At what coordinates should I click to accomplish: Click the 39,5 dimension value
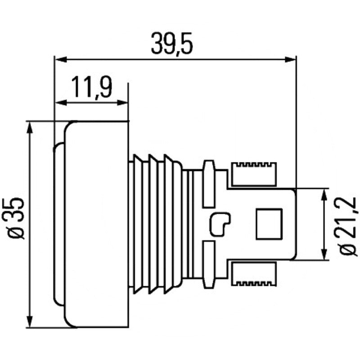pyautogui.click(x=172, y=44)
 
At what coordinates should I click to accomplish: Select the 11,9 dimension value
pyautogui.click(x=92, y=87)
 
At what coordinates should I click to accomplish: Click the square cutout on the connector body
pyautogui.click(x=269, y=224)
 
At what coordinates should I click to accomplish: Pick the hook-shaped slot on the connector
pyautogui.click(x=220, y=224)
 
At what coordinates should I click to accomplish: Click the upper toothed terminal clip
pyautogui.click(x=254, y=174)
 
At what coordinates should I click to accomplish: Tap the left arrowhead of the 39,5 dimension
pyautogui.click(x=61, y=60)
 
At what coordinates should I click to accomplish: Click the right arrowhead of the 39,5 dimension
pyautogui.click(x=290, y=60)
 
